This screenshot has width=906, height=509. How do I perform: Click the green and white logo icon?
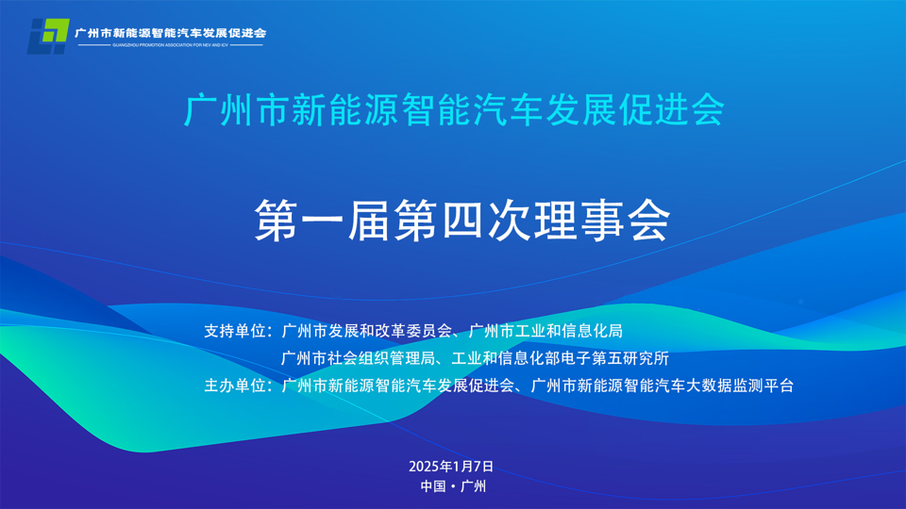(x=47, y=36)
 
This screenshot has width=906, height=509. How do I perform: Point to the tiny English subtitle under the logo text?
(x=170, y=44)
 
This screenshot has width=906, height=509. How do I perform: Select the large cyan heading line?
(x=454, y=110)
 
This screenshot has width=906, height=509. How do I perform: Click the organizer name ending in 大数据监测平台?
(x=663, y=386)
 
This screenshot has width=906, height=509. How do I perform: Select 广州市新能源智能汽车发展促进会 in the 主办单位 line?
(x=396, y=386)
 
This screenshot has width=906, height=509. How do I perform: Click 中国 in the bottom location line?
(x=433, y=487)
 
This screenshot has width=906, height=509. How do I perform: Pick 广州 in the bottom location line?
(x=473, y=487)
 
